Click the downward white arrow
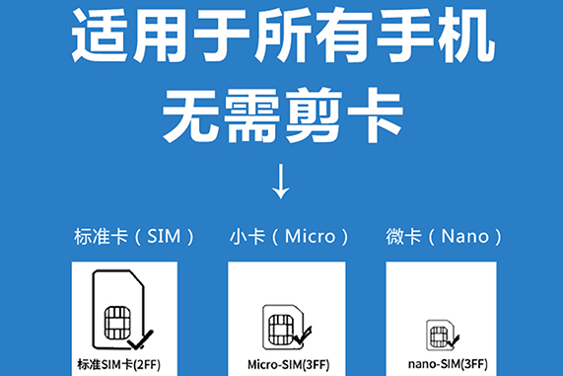(x=281, y=181)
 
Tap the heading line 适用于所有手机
(x=281, y=38)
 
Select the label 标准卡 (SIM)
(x=133, y=237)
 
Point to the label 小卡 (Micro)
(x=288, y=237)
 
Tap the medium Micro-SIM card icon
(x=283, y=325)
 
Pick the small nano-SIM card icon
(x=441, y=333)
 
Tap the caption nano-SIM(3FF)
(x=446, y=363)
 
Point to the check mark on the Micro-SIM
(x=302, y=338)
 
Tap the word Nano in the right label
(x=464, y=237)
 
